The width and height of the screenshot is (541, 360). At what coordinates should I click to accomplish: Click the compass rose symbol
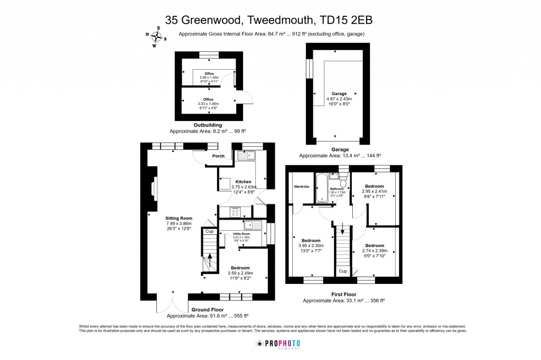click(x=156, y=36)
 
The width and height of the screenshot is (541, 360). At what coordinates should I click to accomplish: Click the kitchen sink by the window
click(x=246, y=155)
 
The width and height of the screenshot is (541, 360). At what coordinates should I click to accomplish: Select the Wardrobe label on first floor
click(x=301, y=186)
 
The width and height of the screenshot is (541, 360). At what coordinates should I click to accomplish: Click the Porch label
click(x=218, y=156)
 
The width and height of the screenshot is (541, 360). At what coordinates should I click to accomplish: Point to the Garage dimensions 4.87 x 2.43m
click(x=338, y=99)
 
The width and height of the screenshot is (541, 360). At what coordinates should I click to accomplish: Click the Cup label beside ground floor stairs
click(x=209, y=231)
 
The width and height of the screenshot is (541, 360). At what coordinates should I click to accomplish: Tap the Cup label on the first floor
click(x=343, y=271)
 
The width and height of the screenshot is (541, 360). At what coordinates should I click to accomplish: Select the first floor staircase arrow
click(x=343, y=231)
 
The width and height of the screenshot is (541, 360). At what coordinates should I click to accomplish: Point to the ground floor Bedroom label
click(x=240, y=268)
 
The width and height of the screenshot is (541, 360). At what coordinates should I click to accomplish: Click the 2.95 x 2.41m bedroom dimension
click(x=375, y=192)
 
